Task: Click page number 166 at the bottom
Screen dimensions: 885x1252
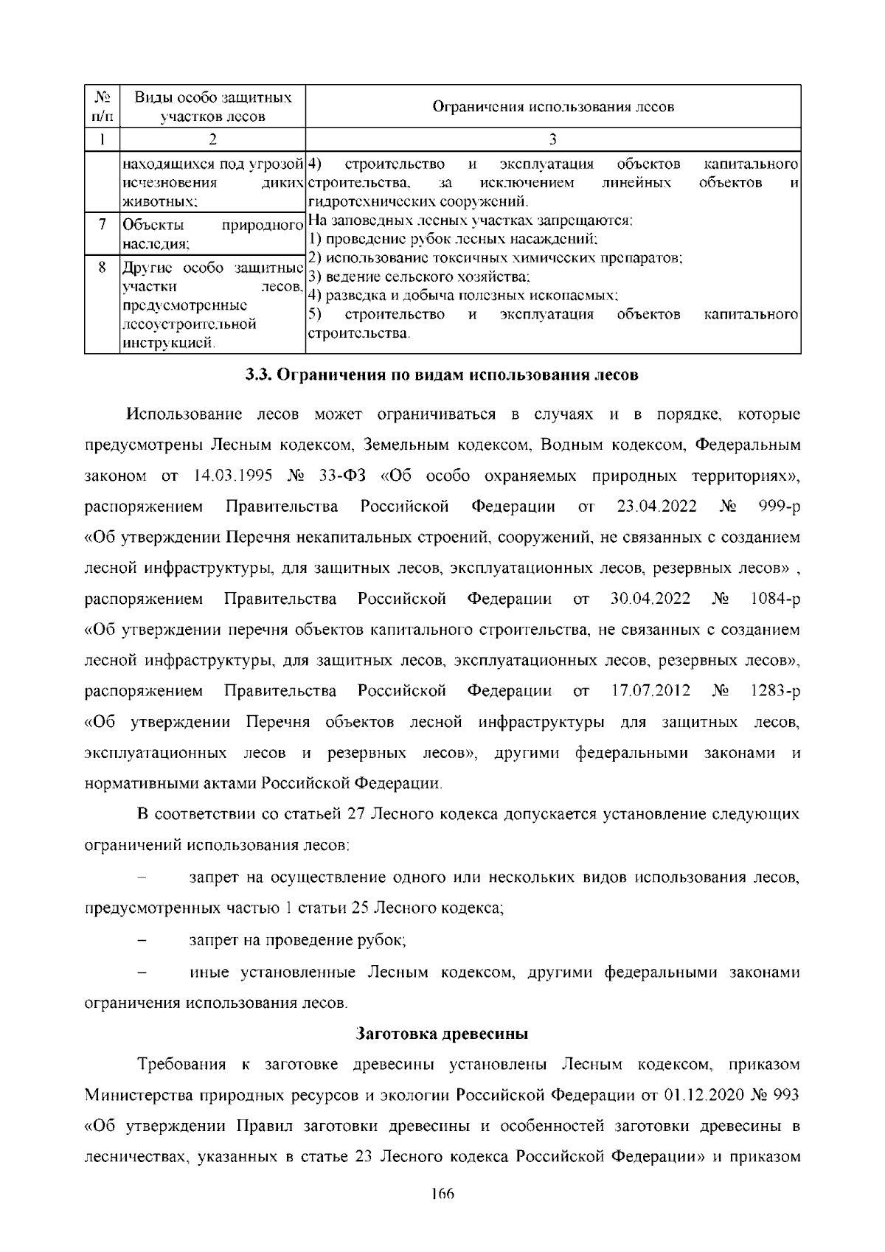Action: click(442, 1214)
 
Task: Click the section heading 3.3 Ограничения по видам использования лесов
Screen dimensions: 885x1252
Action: click(442, 375)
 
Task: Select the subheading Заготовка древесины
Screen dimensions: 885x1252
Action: click(442, 1034)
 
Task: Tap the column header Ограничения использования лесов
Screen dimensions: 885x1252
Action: click(552, 107)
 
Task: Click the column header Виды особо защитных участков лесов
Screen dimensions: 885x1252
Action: click(212, 107)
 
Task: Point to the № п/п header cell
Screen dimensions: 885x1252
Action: click(102, 107)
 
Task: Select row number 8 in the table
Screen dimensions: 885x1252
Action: click(102, 267)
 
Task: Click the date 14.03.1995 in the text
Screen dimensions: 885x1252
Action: click(226, 476)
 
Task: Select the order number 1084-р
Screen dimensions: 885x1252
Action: click(774, 599)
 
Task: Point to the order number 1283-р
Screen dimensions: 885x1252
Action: click(774, 691)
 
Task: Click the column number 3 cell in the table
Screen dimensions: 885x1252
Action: click(552, 139)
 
